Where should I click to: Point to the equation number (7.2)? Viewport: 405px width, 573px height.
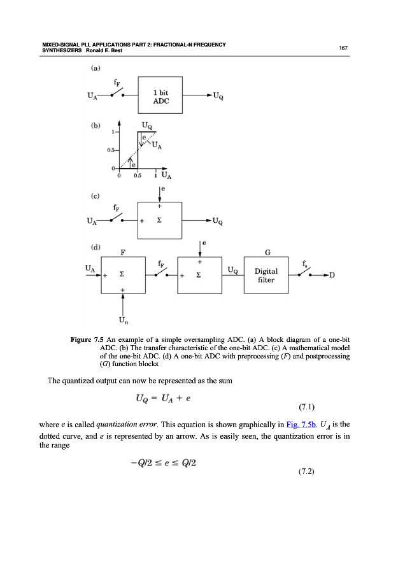pos(308,472)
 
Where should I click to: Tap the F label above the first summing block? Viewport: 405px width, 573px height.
pos(123,251)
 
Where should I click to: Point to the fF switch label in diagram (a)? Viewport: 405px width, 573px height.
pos(115,81)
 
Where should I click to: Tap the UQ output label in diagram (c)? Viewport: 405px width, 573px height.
pos(217,222)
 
